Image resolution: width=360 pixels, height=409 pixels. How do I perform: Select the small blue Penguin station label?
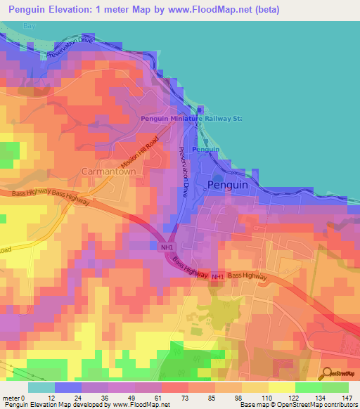205,150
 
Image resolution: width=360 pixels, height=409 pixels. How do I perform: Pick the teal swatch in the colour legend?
41,387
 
